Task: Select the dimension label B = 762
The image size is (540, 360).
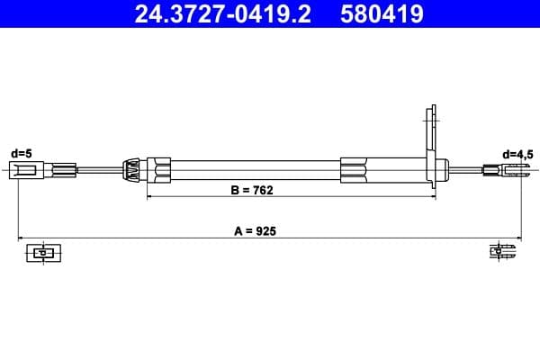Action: (252, 190)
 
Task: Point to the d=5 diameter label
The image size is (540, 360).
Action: (21, 154)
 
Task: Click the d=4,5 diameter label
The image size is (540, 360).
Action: (518, 154)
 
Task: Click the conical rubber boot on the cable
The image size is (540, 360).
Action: (131, 168)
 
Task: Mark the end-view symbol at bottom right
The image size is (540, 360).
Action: (500, 253)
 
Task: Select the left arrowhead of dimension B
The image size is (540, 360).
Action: (151, 197)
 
